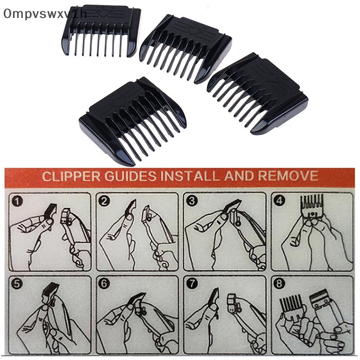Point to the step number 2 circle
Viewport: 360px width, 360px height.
(x=105, y=201)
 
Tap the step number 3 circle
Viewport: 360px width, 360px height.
(x=192, y=201)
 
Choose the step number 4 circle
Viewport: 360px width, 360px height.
(x=279, y=201)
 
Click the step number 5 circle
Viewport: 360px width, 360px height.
(x=17, y=284)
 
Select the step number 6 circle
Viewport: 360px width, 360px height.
(x=105, y=284)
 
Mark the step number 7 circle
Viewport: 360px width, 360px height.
(x=192, y=284)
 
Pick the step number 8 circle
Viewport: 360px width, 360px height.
(x=279, y=284)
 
